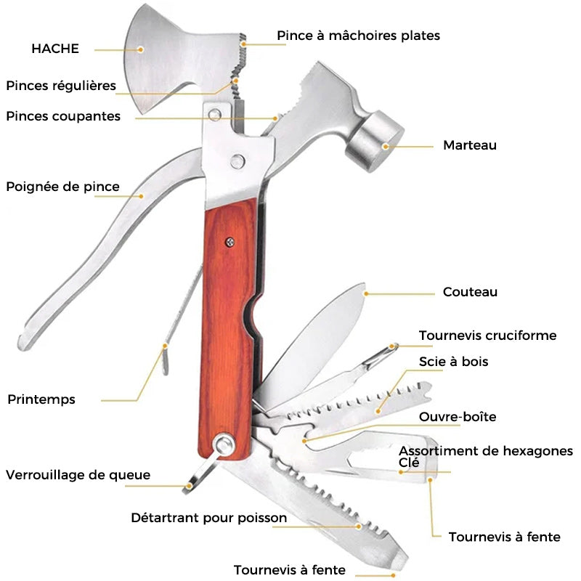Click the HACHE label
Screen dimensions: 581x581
55,49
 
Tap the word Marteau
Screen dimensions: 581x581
470,145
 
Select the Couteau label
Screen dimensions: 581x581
470,292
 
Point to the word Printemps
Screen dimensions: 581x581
41,400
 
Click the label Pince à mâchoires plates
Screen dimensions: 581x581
358,36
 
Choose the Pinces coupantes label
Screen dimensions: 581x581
63,117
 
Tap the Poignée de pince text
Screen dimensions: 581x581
63,187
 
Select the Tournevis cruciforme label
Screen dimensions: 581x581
487,336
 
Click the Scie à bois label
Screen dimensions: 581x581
453,362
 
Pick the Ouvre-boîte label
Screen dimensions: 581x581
458,417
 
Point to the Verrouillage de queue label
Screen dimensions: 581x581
78,475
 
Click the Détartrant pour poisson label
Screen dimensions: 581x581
209,518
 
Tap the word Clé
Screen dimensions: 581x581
409,463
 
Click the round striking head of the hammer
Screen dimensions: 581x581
375,141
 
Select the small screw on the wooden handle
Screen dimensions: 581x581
230,243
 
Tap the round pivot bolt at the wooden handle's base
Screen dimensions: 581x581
224,444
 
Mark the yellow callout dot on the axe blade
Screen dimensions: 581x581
140,49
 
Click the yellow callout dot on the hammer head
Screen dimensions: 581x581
386,147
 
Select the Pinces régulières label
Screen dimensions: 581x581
61,86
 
